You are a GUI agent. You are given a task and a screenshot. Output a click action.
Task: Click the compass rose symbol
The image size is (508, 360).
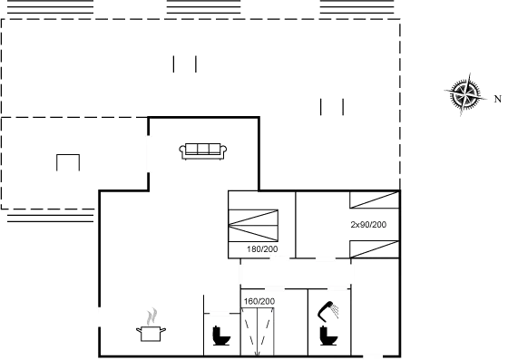(464, 94)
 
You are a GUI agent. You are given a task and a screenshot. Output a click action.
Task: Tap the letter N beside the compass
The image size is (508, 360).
(497, 97)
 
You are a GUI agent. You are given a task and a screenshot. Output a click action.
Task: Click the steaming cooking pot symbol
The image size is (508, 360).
(151, 325)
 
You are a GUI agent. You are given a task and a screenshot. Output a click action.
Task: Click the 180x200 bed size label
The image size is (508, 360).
(259, 299)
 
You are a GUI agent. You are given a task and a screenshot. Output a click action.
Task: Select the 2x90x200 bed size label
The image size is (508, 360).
(369, 223)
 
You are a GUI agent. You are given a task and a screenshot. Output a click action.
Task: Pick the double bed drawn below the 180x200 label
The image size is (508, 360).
(259, 328)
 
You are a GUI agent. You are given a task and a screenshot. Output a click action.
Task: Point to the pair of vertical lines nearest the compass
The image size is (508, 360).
(332, 107)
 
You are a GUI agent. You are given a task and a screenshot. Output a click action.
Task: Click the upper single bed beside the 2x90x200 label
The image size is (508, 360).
(373, 204)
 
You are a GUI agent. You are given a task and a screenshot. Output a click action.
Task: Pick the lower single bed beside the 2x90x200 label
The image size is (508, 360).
(373, 245)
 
